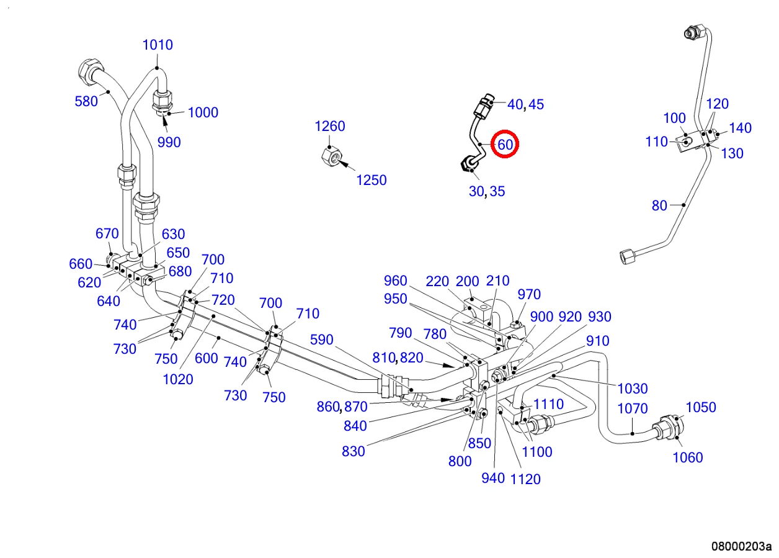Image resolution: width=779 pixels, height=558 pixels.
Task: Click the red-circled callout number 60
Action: coord(505,145)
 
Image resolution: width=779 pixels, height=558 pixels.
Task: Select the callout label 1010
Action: coord(158,45)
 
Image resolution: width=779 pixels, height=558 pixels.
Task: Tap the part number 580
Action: coord(86,101)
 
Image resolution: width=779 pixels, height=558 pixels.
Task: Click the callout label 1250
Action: coord(371,180)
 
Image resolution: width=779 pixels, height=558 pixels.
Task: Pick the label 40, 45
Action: coord(525,104)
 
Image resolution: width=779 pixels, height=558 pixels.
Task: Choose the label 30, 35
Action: coord(487,191)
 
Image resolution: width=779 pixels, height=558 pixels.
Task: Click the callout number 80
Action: coord(659,205)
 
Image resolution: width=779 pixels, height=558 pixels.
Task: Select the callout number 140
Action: coord(740,128)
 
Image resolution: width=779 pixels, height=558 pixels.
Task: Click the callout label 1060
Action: coord(688,457)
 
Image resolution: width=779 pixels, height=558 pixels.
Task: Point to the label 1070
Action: coord(633,408)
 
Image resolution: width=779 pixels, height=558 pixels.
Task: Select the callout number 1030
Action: coord(633,389)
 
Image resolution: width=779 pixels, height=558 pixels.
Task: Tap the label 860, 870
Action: coord(342,407)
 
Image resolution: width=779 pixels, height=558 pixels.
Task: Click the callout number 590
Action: coord(321,340)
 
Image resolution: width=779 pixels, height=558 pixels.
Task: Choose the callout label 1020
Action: coord(178,379)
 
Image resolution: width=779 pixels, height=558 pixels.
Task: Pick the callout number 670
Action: coord(107,233)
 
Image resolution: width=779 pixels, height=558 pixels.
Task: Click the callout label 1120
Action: coord(525,479)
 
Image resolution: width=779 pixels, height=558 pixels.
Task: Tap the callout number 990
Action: coord(169,142)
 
